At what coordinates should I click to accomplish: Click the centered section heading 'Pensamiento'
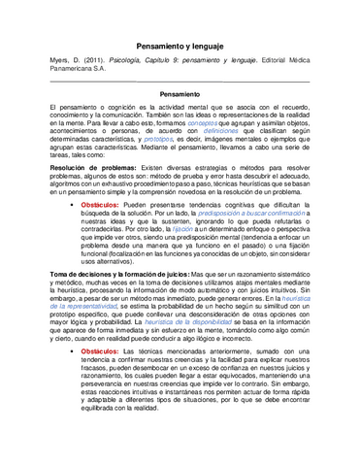pos(180,93)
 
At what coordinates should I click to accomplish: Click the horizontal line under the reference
pos(180,82)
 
